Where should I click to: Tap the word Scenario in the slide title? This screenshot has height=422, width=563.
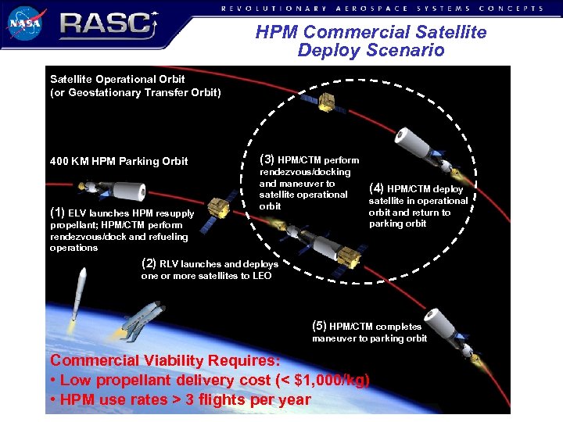[x=408, y=51]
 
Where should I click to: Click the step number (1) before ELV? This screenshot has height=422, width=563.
[x=57, y=213]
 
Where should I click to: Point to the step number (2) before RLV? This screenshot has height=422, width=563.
[x=148, y=263]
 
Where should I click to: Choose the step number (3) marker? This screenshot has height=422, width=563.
[x=267, y=160]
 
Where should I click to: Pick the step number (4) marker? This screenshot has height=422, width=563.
[x=376, y=188]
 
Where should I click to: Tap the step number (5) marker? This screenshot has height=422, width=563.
[x=319, y=326]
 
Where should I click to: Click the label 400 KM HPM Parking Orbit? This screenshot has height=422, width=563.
[x=119, y=161]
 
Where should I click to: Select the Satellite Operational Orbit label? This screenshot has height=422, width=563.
[x=117, y=79]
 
